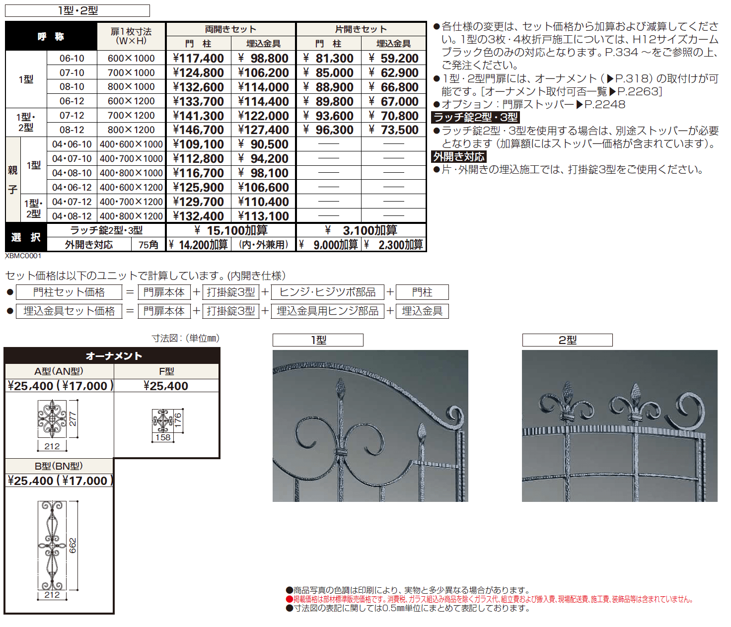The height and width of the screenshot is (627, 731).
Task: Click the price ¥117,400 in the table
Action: coord(199,58)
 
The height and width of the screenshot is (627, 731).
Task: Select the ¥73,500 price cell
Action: coord(394,130)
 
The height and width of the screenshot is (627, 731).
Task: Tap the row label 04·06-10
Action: coord(72,144)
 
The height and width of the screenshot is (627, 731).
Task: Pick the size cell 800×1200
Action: coord(131,130)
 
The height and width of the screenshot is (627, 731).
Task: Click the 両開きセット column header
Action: coord(230,29)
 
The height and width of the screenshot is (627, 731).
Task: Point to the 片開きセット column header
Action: coord(361,29)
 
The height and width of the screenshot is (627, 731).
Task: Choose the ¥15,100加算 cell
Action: coord(231,230)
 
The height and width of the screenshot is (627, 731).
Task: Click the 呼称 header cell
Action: coord(51,36)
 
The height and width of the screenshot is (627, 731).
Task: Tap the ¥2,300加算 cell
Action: coord(394,245)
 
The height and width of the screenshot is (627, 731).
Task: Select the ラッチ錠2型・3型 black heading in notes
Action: coord(476,117)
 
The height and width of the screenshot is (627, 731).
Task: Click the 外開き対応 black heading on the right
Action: coord(459,157)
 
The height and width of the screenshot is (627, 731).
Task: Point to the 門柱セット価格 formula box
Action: coord(69,292)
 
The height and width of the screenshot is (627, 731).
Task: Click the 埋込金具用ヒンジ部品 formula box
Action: coord(327,311)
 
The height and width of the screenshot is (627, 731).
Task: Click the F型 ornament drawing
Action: coord(162,421)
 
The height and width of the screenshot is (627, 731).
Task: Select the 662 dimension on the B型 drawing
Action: coord(73,545)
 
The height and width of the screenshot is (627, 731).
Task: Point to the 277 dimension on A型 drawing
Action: coord(73,419)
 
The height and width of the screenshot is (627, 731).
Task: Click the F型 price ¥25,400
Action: coord(166,386)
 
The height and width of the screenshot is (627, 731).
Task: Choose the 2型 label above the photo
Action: coord(567,340)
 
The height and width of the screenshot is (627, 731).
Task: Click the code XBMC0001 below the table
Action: coord(23,256)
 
